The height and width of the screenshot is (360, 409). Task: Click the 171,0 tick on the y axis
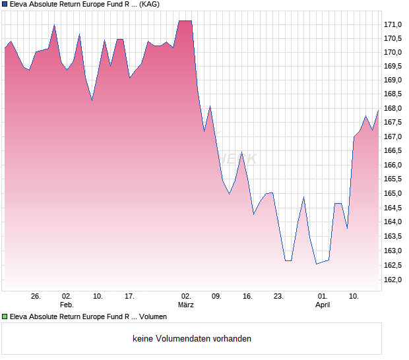pyautogui.click(x=393, y=24)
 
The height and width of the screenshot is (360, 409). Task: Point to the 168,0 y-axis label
pyautogui.click(x=393, y=109)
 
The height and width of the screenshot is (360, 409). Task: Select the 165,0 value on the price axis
pyautogui.click(x=393, y=194)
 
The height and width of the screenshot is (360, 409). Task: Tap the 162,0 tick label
pyautogui.click(x=393, y=280)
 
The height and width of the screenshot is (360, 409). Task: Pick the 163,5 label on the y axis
pyautogui.click(x=393, y=237)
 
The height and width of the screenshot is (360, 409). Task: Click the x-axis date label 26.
pyautogui.click(x=36, y=297)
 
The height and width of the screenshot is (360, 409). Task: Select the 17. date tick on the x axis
pyautogui.click(x=130, y=297)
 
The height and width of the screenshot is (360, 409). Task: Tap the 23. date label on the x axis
pyautogui.click(x=279, y=297)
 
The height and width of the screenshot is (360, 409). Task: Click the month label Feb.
pyautogui.click(x=67, y=305)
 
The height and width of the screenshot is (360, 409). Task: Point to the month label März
pyautogui.click(x=186, y=305)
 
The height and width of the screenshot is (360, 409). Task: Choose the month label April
pyautogui.click(x=323, y=305)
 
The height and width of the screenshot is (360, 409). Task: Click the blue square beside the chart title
pyautogui.click(x=5, y=4)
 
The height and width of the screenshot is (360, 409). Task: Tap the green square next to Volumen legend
pyautogui.click(x=5, y=316)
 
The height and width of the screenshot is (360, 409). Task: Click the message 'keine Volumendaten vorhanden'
pyautogui.click(x=192, y=339)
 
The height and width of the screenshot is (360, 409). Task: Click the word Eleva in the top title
pyautogui.click(x=20, y=4)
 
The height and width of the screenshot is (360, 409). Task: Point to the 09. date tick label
pyautogui.click(x=216, y=297)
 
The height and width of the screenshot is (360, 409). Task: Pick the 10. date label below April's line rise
pyautogui.click(x=354, y=297)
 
